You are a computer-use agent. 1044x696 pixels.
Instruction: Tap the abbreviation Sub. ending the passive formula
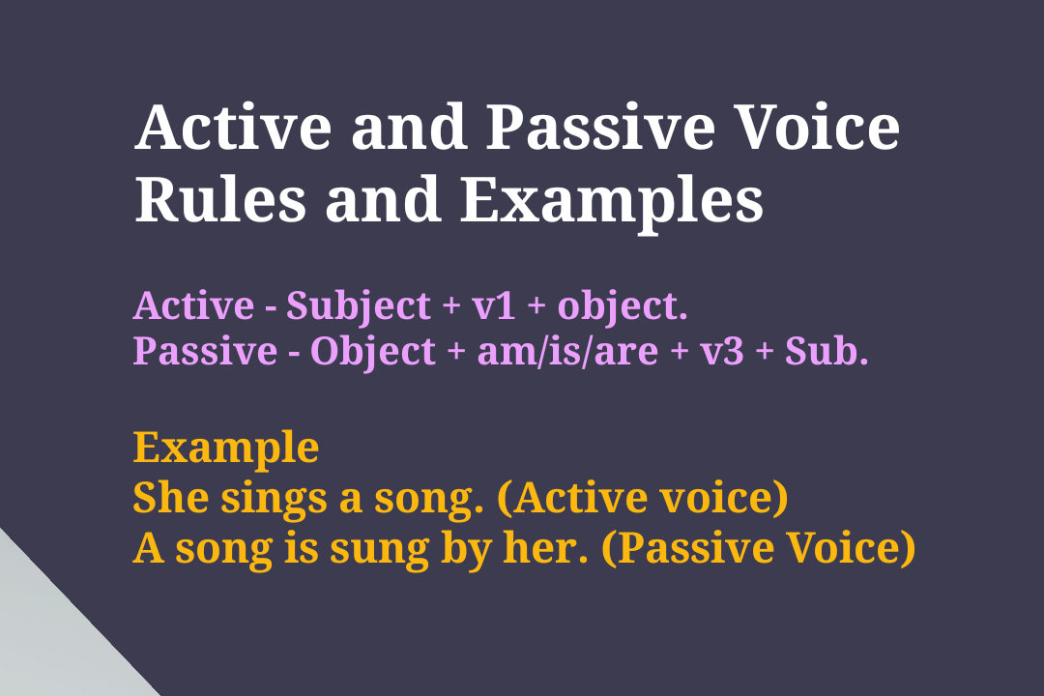click(x=826, y=352)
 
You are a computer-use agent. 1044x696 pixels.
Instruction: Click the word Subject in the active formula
click(x=359, y=306)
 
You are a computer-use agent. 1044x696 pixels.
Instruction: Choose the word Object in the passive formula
click(x=372, y=352)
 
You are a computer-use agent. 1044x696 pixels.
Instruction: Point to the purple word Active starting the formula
click(x=192, y=306)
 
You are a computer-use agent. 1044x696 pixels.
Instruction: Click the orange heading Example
click(x=225, y=449)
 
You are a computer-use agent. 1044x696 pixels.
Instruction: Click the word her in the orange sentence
click(x=561, y=549)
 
